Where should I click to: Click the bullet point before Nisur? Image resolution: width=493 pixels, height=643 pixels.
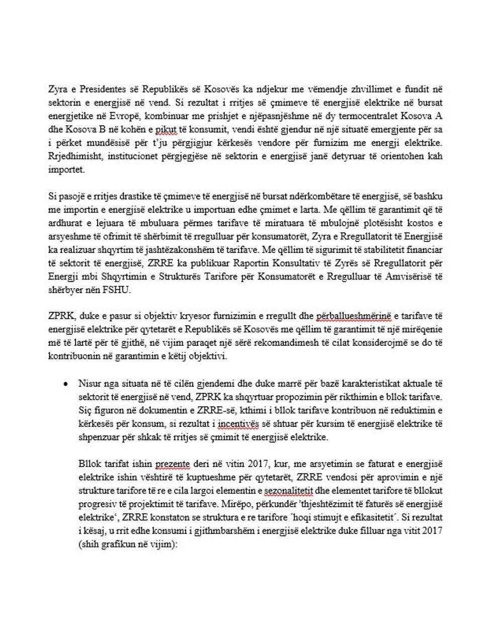point(65,384)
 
